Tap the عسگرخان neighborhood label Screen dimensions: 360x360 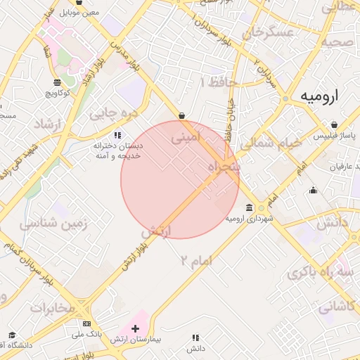[266, 32]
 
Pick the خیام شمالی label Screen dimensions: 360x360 [271, 143]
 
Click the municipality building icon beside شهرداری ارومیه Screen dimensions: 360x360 [250, 207]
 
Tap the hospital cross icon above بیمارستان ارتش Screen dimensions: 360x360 [136, 328]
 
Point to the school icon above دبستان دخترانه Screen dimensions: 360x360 [118, 134]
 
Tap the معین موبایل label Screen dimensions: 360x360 [80, 13]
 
